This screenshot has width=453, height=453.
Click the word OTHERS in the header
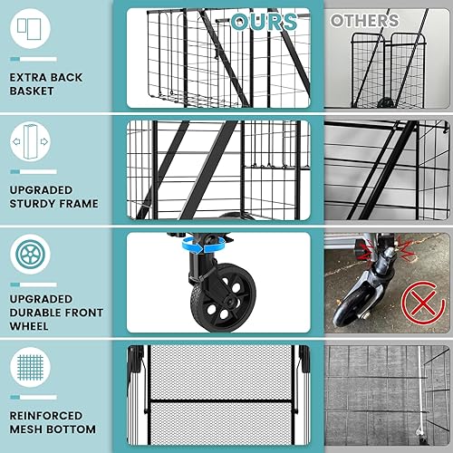363,20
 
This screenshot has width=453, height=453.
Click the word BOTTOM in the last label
78,429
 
